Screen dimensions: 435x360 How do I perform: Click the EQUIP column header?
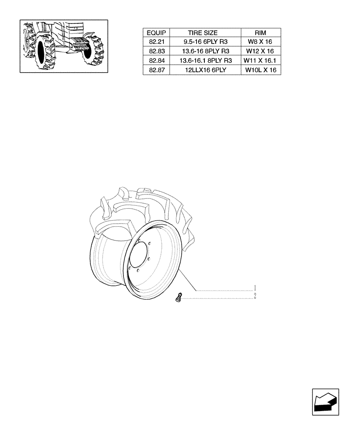point(156,33)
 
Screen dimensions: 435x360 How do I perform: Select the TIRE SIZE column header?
point(203,33)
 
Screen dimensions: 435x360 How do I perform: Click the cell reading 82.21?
point(156,42)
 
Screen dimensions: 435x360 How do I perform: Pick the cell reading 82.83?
point(156,51)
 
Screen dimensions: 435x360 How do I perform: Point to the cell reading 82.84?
point(156,60)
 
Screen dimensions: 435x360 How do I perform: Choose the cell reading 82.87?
point(156,70)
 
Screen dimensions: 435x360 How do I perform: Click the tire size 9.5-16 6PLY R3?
point(203,42)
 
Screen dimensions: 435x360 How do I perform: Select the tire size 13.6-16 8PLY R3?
point(203,51)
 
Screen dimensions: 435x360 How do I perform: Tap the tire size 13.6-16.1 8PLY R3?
point(203,60)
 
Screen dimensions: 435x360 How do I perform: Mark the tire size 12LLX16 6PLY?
point(203,70)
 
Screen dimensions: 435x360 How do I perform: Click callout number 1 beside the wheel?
point(255,288)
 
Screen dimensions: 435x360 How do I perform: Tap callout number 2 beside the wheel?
point(255,296)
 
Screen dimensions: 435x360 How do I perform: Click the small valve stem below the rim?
point(177,298)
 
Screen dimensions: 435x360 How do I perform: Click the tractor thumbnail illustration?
point(64,46)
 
